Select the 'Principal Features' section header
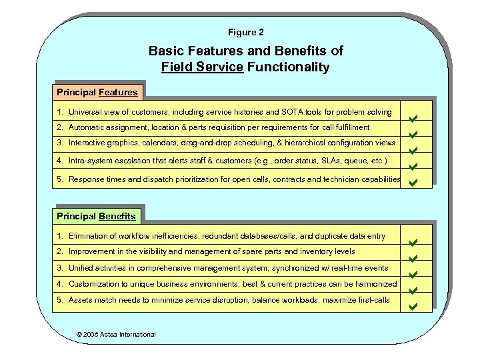97,92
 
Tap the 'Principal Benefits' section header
96,216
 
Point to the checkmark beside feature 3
413,151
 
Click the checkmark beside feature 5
413,181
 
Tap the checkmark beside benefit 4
413,291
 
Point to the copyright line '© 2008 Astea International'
116,334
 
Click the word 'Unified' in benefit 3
82,268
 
